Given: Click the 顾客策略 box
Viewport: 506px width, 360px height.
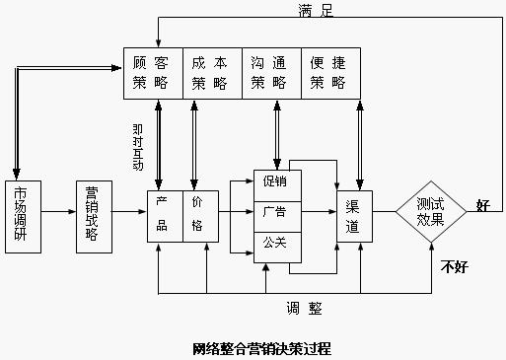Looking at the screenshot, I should point(153,71).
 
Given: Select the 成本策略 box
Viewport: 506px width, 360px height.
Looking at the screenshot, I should point(212,71).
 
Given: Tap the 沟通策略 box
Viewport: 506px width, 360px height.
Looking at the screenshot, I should point(271,71).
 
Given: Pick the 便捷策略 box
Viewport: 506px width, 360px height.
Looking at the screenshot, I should point(330,71).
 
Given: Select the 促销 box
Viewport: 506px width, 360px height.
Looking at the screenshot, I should point(275,181).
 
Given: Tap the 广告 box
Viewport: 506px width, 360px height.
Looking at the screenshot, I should point(275,211).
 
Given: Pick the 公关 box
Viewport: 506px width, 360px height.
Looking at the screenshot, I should point(275,241).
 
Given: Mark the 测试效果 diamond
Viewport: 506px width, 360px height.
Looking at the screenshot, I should point(431,212).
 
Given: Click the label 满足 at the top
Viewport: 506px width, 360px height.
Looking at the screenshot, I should point(319,11).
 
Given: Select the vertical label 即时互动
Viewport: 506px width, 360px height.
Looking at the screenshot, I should point(137,146).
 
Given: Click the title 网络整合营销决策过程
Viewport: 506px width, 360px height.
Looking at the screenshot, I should point(261,347).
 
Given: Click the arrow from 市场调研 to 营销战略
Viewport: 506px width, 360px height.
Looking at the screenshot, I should point(59,212).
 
